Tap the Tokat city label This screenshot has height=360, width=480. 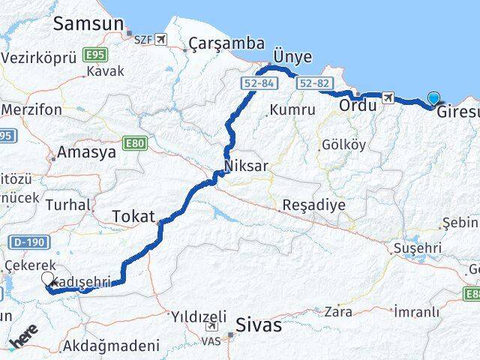coord(133,217)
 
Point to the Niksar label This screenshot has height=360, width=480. coord(245,166)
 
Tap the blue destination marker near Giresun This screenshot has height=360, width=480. coord(434,97)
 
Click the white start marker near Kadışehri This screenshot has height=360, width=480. coord(47,279)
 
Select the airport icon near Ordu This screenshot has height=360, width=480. coord(388,97)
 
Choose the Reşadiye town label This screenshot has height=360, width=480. coord(313,205)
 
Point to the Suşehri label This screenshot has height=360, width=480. coord(417,247)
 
